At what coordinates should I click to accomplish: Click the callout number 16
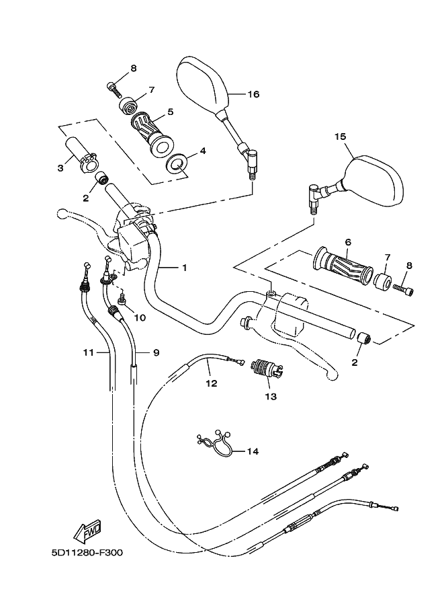253,94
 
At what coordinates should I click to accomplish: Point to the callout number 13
270,397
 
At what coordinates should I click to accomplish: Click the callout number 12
211,384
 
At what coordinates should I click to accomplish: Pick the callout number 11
88,352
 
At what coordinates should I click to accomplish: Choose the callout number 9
156,352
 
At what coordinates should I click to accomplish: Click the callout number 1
183,268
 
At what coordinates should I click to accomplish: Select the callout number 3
60,167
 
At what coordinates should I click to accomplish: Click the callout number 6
348,242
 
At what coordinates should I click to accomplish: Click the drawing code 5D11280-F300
87,553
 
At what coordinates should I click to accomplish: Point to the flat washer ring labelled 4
178,163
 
